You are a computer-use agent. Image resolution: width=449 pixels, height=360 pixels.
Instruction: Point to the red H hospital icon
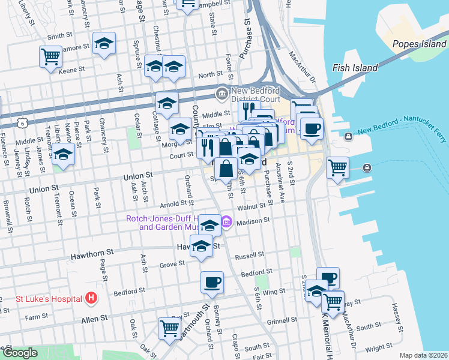pos(91,297)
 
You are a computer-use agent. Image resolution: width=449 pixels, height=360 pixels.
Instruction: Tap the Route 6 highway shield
pos(22,122)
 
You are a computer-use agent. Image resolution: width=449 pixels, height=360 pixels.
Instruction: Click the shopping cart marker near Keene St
pos(50,56)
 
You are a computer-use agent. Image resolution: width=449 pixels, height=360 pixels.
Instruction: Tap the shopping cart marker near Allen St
pos(169,328)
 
